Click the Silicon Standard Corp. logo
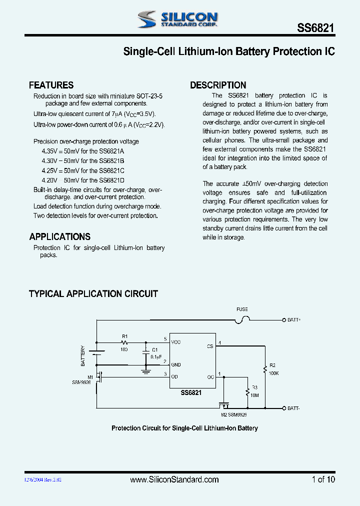coord(177,19)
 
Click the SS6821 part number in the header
coord(316,29)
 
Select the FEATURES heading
coord(51,85)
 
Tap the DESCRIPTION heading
coord(218,85)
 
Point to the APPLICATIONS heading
coord(59,236)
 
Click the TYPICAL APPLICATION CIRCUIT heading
coord(93,293)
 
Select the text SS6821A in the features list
coord(111,151)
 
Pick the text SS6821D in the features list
coord(111,180)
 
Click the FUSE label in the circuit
coord(242,309)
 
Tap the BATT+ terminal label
coord(294,319)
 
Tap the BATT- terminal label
coord(294,408)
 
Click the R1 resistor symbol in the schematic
coord(124,342)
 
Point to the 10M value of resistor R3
coord(254,395)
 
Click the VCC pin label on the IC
coord(176,342)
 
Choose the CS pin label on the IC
coord(209,345)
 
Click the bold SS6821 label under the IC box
coord(191,393)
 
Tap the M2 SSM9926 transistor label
coord(233,414)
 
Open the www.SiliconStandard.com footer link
coord(174,479)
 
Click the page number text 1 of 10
coord(323,479)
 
